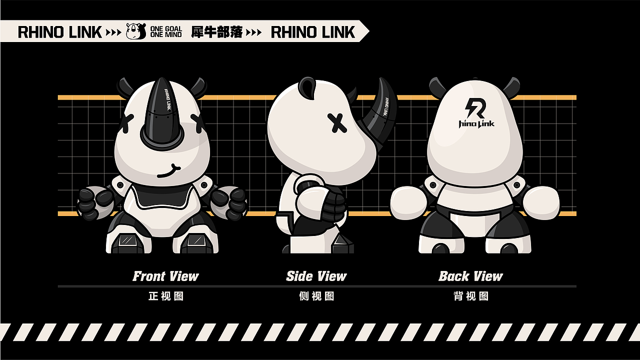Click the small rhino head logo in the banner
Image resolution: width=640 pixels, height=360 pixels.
tap(136, 31)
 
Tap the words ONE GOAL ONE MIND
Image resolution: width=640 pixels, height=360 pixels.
tap(166, 31)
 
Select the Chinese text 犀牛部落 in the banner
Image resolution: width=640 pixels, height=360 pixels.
tap(217, 32)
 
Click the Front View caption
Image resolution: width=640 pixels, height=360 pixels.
tap(165, 276)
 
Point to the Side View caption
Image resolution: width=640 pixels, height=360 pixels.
tap(316, 276)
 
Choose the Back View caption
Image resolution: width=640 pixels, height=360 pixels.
tap(470, 276)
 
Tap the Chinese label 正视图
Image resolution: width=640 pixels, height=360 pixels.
tap(166, 296)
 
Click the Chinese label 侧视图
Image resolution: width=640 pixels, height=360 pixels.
tap(316, 296)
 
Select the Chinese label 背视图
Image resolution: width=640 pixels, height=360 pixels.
tap(471, 296)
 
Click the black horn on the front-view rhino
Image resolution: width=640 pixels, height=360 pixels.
tap(162, 114)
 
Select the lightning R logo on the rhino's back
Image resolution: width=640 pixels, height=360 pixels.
tap(475, 108)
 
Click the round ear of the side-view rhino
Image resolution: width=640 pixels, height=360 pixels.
tap(307, 87)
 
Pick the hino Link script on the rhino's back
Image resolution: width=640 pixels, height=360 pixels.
tap(476, 123)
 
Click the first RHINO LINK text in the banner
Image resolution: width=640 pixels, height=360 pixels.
tap(59, 32)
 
